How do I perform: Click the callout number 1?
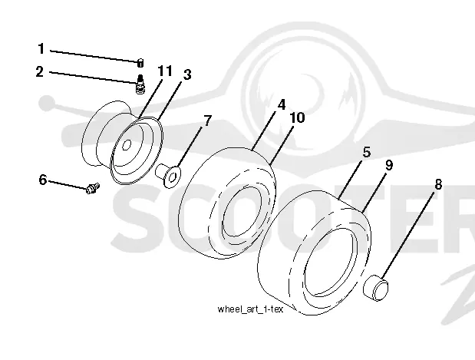(x=41, y=49)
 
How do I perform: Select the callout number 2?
(x=40, y=72)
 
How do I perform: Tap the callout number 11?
(x=165, y=71)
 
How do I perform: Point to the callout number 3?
(x=187, y=74)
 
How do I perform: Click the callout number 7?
(x=207, y=121)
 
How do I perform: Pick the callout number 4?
(x=282, y=104)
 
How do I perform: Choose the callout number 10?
(x=297, y=117)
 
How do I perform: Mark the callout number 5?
(x=367, y=152)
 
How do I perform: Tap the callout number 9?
(x=389, y=166)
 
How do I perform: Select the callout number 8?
(x=438, y=184)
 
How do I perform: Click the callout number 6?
(x=43, y=180)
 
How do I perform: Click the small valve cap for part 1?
(x=140, y=63)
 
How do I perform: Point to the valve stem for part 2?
(x=140, y=84)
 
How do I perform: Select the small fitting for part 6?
(x=92, y=188)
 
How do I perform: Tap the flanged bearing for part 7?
(x=168, y=175)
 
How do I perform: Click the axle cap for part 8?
(x=376, y=287)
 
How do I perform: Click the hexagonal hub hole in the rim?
(x=127, y=145)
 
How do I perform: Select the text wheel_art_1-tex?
(x=250, y=309)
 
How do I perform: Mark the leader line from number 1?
(x=94, y=56)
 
